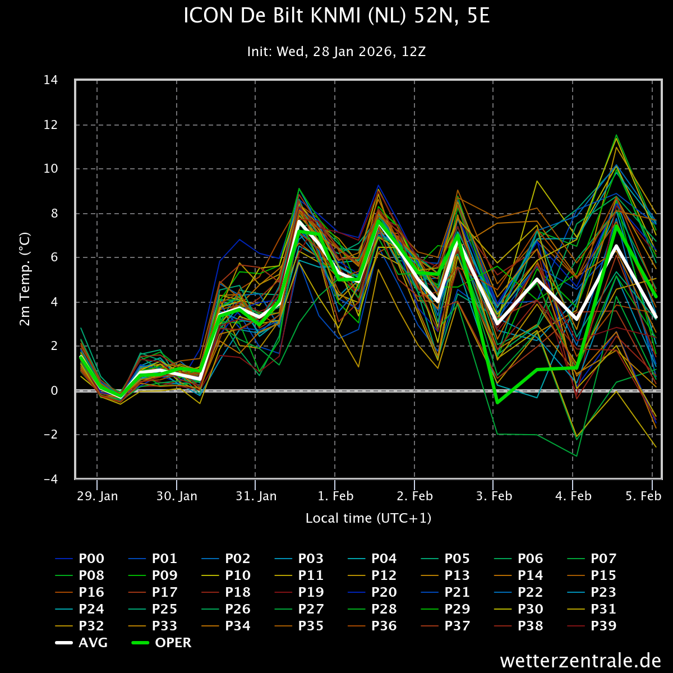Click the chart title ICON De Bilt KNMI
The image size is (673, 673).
(336, 16)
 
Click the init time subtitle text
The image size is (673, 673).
(336, 52)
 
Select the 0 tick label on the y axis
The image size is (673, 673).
(54, 390)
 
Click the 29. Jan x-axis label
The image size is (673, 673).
(97, 496)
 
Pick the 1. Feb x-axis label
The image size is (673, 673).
(335, 496)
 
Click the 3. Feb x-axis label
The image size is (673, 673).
(494, 496)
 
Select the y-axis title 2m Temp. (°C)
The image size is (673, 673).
(25, 279)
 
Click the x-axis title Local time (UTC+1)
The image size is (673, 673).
(368, 518)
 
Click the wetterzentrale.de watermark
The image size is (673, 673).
(580, 660)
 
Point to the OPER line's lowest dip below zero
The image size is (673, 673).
(497, 403)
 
